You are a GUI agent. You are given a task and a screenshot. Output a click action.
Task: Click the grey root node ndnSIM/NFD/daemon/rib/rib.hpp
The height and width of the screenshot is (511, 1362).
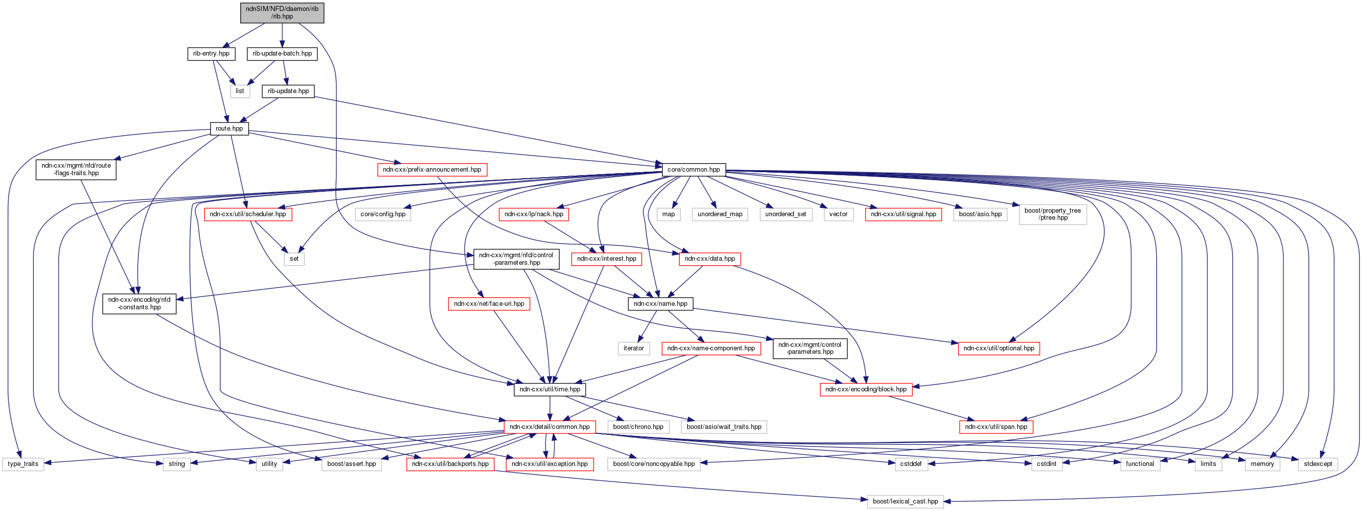pos(282,13)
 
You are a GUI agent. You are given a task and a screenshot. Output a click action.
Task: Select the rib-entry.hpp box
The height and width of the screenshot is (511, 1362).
pos(211,54)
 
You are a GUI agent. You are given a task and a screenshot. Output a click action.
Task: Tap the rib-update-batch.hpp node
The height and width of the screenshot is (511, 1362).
pos(282,54)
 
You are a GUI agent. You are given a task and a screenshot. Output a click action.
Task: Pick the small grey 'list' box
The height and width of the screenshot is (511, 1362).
pos(239,92)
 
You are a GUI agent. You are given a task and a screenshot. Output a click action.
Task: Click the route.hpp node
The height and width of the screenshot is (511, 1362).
pos(229,129)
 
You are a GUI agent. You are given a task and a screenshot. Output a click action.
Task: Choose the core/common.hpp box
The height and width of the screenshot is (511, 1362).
pos(693,170)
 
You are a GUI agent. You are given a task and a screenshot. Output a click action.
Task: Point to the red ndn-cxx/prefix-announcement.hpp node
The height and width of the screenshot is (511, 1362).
pos(432,170)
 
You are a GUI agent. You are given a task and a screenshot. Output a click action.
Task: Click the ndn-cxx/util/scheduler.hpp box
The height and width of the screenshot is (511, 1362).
pos(247,214)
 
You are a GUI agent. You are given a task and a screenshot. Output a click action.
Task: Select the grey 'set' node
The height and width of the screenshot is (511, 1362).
pos(294,259)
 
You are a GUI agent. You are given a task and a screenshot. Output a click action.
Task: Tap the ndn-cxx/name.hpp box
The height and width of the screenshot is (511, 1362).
pos(660,304)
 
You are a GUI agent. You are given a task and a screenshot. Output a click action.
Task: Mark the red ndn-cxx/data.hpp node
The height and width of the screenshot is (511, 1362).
pos(710,259)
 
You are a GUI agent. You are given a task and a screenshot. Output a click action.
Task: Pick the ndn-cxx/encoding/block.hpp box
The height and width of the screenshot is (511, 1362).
pos(865,389)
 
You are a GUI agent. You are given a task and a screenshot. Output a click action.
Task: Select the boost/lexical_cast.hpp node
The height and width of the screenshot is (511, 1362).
pos(905,501)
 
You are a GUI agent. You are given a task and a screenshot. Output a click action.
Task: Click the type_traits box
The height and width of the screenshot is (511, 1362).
pos(23,464)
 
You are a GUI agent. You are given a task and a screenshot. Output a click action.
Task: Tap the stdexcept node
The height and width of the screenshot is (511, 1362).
pos(1317,464)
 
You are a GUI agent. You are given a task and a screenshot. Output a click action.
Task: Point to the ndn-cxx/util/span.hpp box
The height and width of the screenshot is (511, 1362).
pos(996,427)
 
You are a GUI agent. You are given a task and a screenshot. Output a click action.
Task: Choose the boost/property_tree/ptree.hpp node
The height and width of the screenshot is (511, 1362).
pos(1052,214)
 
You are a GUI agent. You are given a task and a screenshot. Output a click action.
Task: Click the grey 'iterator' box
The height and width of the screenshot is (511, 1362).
pos(633,348)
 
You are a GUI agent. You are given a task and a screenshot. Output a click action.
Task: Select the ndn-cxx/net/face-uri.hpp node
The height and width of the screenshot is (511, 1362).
pos(489,304)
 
